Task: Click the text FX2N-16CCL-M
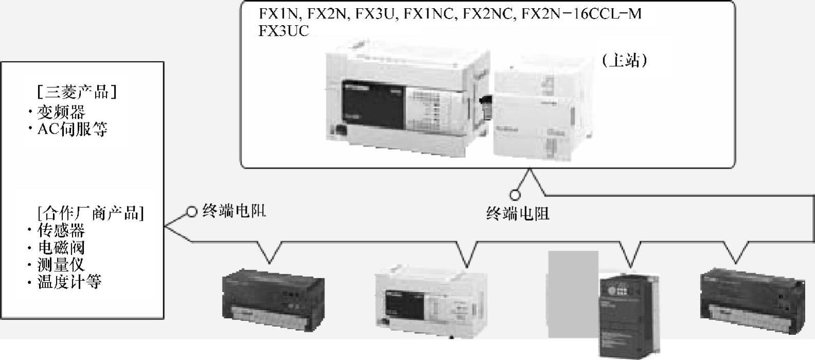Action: (x=582, y=14)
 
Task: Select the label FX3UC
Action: (x=284, y=31)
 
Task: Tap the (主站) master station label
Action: (x=624, y=61)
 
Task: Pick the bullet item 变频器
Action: (x=61, y=112)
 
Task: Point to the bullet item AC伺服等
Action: (x=72, y=129)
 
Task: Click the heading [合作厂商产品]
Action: (x=90, y=212)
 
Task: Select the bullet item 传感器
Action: (x=61, y=230)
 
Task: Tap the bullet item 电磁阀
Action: (x=61, y=247)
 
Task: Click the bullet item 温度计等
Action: (x=69, y=282)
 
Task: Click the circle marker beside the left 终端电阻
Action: (x=192, y=211)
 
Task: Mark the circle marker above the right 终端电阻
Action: (x=515, y=195)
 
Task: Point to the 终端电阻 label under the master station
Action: (x=518, y=213)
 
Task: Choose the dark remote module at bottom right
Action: (x=752, y=301)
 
